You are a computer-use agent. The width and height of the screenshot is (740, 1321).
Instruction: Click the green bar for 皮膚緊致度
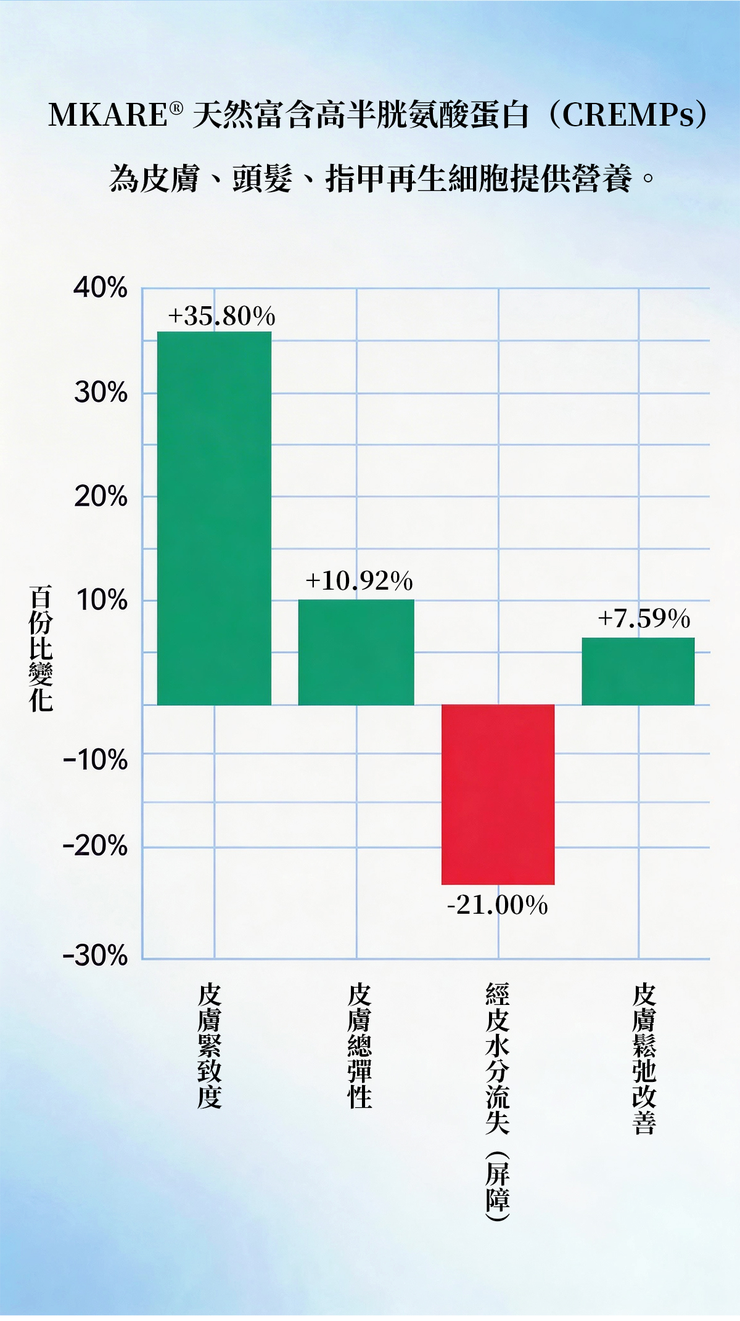tap(214, 518)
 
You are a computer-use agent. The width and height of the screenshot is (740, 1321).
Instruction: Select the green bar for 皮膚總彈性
tap(356, 652)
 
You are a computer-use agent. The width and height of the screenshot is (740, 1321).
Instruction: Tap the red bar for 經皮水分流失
tap(498, 794)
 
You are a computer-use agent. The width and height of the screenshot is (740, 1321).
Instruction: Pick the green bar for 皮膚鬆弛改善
tap(638, 671)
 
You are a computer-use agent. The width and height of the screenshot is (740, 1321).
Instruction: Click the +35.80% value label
tap(221, 316)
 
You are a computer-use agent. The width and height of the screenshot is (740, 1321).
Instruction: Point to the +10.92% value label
tap(359, 580)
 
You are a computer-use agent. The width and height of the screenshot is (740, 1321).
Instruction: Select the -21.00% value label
tap(497, 905)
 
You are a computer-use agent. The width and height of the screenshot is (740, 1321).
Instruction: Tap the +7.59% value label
tap(644, 618)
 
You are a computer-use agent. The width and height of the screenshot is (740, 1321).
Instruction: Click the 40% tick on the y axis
tap(101, 288)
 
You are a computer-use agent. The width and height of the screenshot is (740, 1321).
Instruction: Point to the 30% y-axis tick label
tap(101, 392)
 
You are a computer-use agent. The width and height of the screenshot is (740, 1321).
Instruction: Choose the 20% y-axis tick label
tap(101, 497)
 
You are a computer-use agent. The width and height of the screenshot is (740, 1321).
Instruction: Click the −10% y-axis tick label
tap(96, 760)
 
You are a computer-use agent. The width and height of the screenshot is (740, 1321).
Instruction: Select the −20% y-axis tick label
tap(96, 846)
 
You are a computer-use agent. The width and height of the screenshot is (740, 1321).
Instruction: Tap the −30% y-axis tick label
tap(96, 956)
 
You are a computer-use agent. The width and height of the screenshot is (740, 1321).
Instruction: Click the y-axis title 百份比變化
tap(41, 648)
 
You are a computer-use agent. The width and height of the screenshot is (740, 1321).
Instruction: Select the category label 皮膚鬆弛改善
tap(644, 1059)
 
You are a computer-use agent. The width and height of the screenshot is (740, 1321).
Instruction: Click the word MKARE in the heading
tap(108, 115)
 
